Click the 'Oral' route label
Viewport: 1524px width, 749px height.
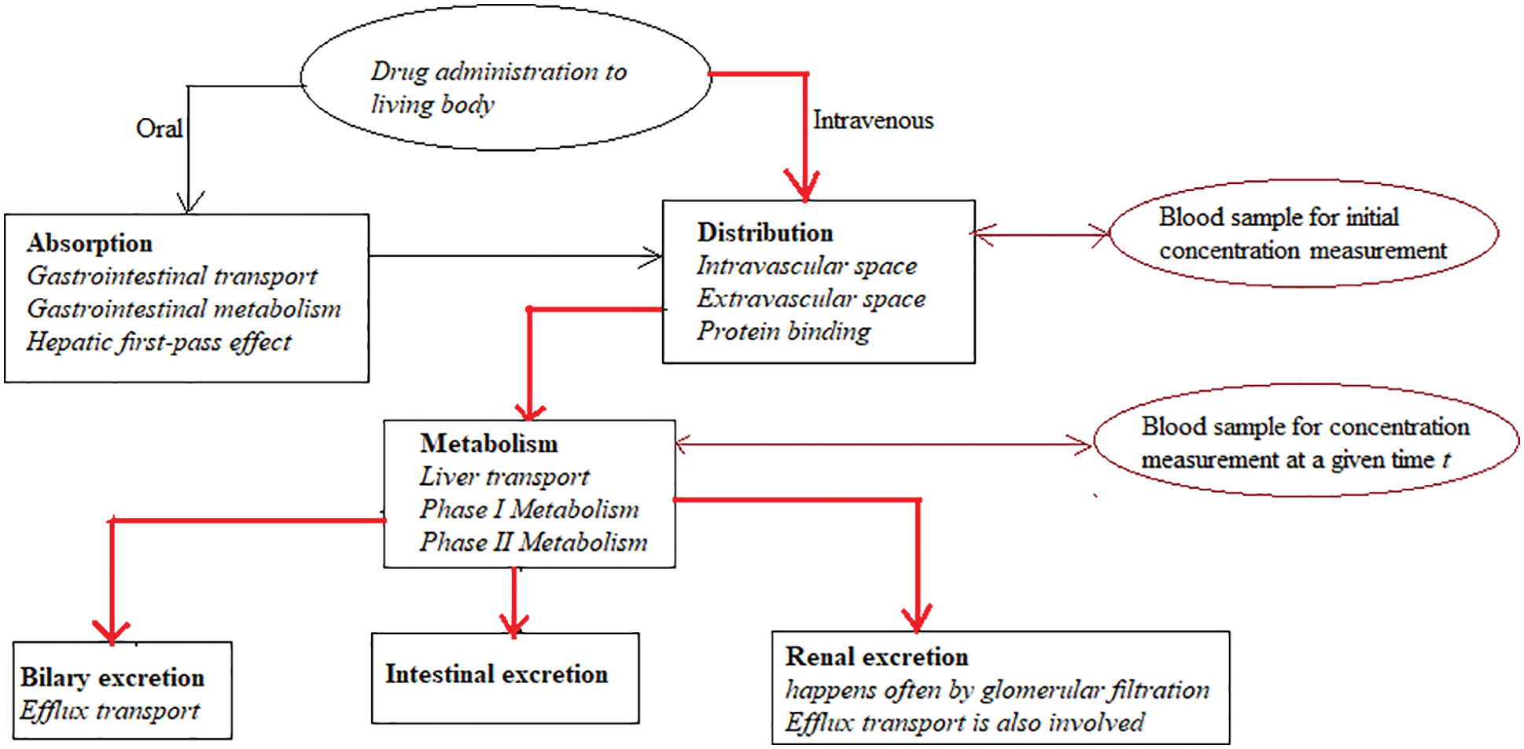point(159,128)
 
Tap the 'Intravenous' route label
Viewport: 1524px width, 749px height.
point(873,120)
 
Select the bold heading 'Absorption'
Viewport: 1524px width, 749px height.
point(90,244)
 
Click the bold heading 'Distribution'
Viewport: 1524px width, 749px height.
point(764,233)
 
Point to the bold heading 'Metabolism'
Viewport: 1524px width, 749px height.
point(488,443)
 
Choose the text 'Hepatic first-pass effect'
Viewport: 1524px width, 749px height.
point(159,342)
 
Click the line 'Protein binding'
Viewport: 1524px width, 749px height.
point(783,331)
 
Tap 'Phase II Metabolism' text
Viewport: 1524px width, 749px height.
point(533,542)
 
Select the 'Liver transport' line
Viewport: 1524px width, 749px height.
point(504,476)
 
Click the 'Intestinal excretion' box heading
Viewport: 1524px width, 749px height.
point(496,674)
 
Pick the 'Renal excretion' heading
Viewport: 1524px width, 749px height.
point(876,656)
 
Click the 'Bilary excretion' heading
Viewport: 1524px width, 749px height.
point(112,677)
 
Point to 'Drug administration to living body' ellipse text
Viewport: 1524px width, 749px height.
point(499,87)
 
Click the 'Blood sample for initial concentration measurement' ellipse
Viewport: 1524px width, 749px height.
point(1302,233)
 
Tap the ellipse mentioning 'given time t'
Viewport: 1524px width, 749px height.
point(1305,442)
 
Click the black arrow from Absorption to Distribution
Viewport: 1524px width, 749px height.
point(515,255)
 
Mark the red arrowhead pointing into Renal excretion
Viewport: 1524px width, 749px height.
point(917,619)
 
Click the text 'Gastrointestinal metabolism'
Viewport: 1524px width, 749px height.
point(184,309)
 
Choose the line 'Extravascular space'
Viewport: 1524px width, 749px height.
point(811,299)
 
